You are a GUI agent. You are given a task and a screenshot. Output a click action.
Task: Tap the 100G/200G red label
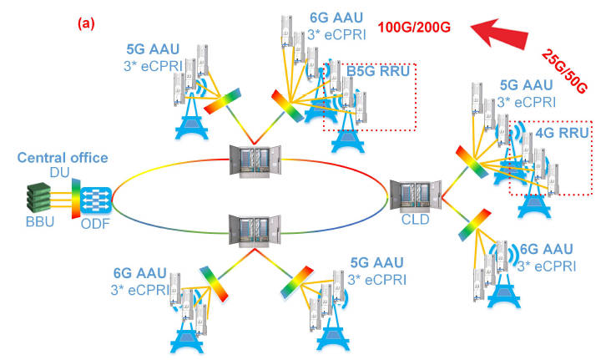[x=411, y=27]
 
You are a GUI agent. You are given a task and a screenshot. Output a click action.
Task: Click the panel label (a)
[x=86, y=24]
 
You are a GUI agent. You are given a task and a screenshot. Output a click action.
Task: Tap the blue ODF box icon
[x=94, y=199]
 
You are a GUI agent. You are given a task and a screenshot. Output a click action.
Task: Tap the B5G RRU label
[x=378, y=72]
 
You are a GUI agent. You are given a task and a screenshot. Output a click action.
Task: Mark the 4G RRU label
[x=565, y=131]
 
